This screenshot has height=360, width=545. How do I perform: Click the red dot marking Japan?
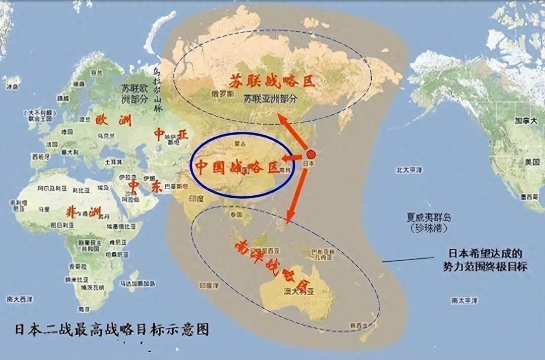pyautogui.click(x=311, y=154)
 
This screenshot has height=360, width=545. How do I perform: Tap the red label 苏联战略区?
pyautogui.click(x=272, y=80)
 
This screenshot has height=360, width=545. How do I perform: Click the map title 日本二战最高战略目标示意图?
pyautogui.click(x=112, y=330)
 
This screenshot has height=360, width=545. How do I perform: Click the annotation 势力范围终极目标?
pyautogui.click(x=485, y=267)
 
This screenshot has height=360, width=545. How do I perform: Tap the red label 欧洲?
pyautogui.click(x=113, y=120)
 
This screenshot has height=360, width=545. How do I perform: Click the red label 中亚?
pyautogui.click(x=171, y=135)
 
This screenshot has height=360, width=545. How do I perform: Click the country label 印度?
pyautogui.click(x=196, y=199)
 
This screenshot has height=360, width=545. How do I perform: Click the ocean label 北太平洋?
pyautogui.click(x=409, y=170)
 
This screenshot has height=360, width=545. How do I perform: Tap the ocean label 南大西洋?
pyautogui.click(x=20, y=299)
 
